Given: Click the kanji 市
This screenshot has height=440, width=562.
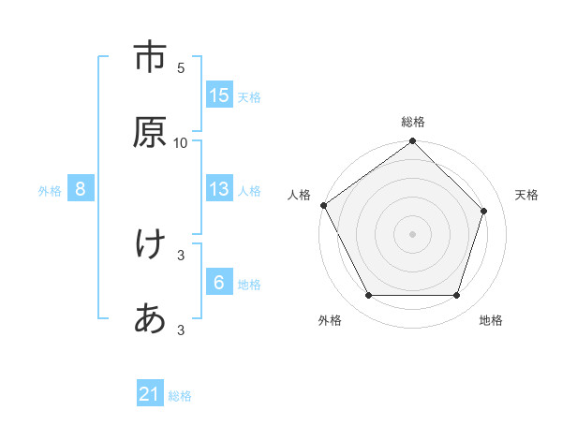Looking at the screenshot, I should click(x=150, y=57).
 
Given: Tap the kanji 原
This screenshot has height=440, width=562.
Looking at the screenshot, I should click(x=150, y=132).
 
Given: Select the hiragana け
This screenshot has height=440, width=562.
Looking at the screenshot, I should click(x=150, y=244).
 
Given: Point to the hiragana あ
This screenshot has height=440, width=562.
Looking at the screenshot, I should click(x=150, y=319).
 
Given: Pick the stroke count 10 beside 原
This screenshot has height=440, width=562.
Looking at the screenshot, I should click(x=181, y=143).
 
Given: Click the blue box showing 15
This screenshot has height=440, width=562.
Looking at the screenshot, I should click(x=219, y=95).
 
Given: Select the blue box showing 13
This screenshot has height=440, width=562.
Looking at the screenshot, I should click(x=219, y=189).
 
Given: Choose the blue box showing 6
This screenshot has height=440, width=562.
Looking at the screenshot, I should click(x=219, y=283).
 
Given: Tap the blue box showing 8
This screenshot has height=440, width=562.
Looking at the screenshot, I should click(x=81, y=189).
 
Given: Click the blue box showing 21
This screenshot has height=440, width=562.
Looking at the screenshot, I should click(x=150, y=395).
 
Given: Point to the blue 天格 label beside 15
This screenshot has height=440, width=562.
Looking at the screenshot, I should click(x=249, y=96).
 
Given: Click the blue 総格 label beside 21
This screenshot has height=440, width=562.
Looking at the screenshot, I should click(x=180, y=396).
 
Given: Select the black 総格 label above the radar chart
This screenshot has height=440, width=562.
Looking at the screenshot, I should click(x=413, y=122).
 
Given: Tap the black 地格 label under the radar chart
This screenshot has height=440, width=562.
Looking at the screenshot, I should click(x=491, y=321).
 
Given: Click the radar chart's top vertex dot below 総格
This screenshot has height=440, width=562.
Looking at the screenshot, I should click(x=413, y=142).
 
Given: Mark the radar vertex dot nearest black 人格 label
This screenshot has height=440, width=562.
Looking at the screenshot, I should click(x=323, y=205).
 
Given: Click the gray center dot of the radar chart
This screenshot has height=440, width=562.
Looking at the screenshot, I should click(x=413, y=233).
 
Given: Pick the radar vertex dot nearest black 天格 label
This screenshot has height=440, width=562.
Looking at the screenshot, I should click(x=484, y=211).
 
